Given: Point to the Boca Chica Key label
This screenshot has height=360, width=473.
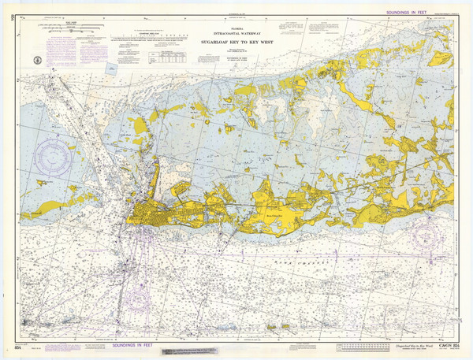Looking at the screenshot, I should click(x=278, y=212).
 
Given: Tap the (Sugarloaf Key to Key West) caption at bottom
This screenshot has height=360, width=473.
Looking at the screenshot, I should click(x=404, y=345).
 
